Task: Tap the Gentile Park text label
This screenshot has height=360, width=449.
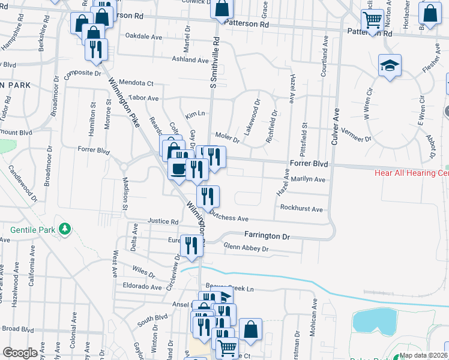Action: pyautogui.click(x=33, y=229)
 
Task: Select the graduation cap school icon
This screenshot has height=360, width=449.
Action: pyautogui.click(x=390, y=65)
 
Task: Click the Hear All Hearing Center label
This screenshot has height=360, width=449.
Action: pyautogui.click(x=411, y=173)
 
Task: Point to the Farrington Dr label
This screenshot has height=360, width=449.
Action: pyautogui.click(x=267, y=236)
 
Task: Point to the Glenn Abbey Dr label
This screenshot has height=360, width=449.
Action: pyautogui.click(x=246, y=247)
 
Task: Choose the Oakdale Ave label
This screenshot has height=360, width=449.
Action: pyautogui.click(x=143, y=36)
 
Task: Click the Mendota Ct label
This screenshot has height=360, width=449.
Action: pyautogui.click(x=136, y=83)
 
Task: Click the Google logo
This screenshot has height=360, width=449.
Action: pyautogui.click(x=20, y=353)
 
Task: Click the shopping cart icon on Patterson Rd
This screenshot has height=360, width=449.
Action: pyautogui.click(x=372, y=20)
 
